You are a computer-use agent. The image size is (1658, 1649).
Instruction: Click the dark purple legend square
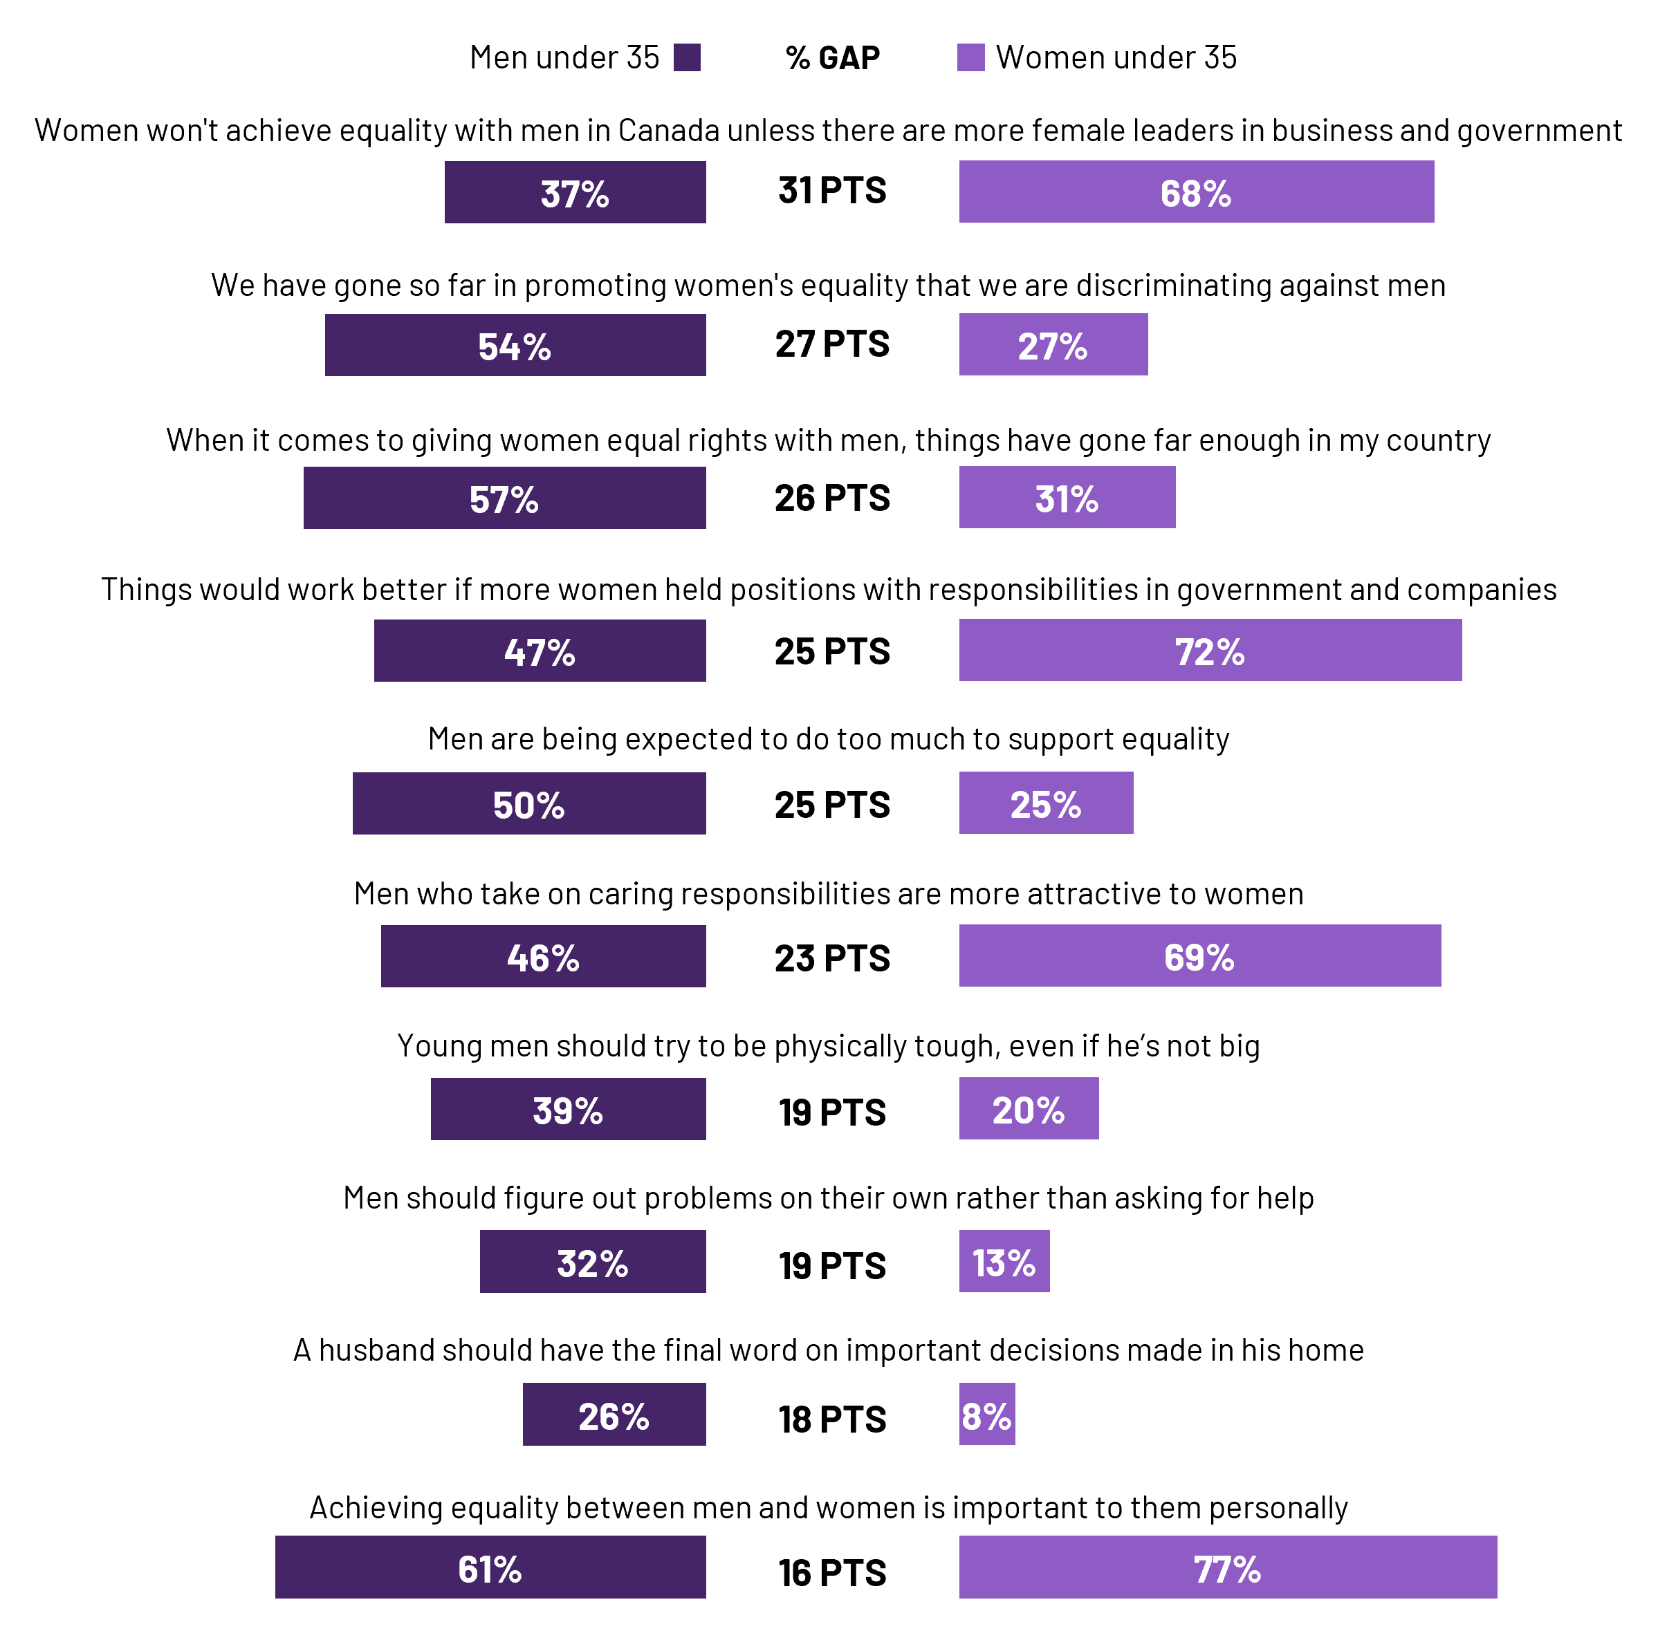point(687,57)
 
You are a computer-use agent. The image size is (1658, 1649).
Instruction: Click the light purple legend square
point(970,57)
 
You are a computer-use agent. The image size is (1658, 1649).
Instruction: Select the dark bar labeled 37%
point(575,192)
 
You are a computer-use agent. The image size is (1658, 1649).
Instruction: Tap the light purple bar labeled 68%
point(1197,192)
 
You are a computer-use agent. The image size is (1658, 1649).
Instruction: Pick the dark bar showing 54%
point(515,345)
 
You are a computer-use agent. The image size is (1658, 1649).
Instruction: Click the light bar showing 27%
point(1053,344)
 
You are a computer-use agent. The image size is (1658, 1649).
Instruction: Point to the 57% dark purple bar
point(505,498)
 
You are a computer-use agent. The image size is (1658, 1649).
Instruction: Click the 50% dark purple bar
point(528,803)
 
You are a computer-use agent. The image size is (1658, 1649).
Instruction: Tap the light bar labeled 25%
point(1046,802)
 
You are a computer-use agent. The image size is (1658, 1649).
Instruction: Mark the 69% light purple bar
point(1199,955)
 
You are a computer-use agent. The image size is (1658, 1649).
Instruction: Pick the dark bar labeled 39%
point(568,1108)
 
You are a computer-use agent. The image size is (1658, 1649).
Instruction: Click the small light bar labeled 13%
point(1004,1260)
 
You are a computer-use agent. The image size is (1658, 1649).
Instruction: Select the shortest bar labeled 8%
point(987,1414)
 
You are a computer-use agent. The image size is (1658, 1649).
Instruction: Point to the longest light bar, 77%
point(1227,1567)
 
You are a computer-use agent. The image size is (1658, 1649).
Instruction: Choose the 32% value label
point(592,1264)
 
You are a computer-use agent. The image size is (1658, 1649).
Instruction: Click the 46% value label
point(542,958)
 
